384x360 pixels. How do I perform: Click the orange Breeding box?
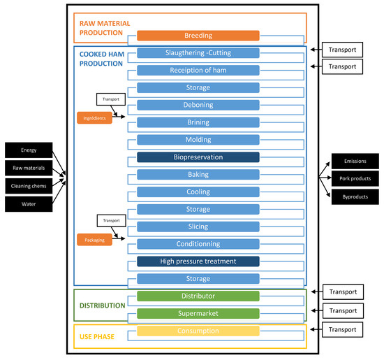click(198, 36)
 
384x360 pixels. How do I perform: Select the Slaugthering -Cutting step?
click(198, 53)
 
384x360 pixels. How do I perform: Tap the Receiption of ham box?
click(198, 71)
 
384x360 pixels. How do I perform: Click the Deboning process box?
click(198, 105)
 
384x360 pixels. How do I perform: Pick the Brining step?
click(198, 122)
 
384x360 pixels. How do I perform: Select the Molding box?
click(198, 140)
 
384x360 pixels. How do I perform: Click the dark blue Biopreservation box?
click(198, 157)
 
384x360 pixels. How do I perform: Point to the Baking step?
click(198, 174)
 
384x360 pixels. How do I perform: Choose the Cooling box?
click(198, 192)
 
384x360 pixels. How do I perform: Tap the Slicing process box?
click(198, 226)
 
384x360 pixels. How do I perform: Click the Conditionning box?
click(198, 244)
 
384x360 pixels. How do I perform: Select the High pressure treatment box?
click(198, 261)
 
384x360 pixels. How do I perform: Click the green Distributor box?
click(198, 296)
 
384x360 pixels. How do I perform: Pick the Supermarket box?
click(198, 313)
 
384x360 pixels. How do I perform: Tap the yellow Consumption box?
click(198, 331)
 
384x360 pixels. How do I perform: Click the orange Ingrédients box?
click(94, 118)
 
